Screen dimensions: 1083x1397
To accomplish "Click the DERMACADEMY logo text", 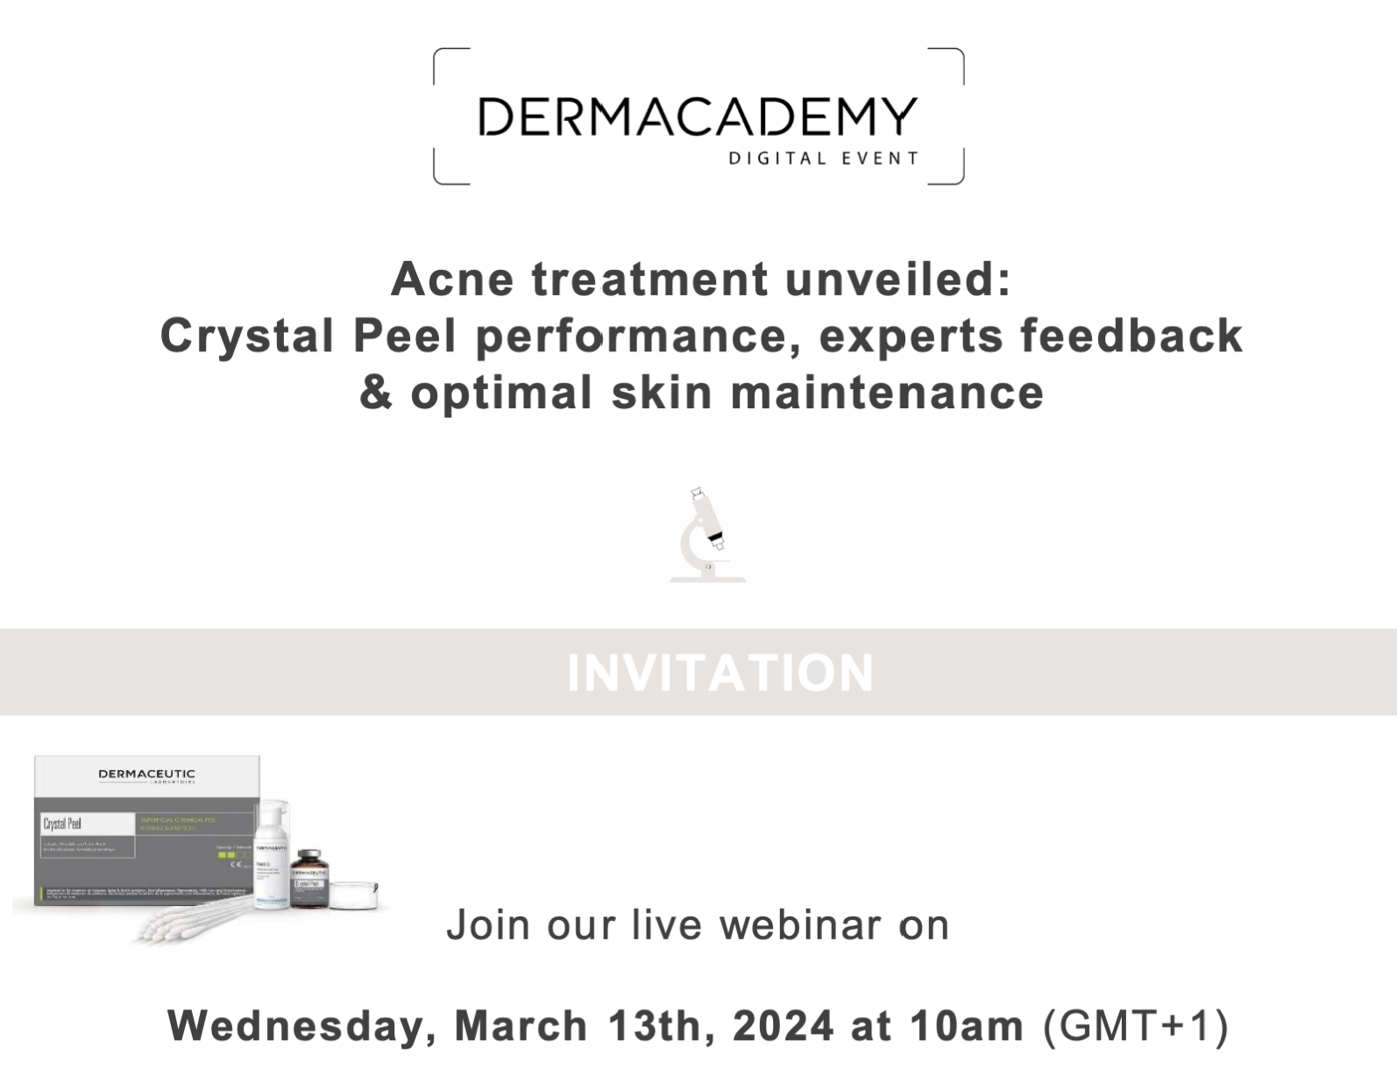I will (x=698, y=117).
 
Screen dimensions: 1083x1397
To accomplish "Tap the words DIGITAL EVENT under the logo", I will (x=823, y=159).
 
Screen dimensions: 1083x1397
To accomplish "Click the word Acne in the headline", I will (x=452, y=280).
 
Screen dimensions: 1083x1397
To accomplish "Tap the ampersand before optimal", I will (x=376, y=392).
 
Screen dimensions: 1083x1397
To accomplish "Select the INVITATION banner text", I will (x=720, y=673).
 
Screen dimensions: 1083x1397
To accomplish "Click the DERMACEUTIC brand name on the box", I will (x=146, y=775).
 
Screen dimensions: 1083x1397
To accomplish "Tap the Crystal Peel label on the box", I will (x=62, y=824).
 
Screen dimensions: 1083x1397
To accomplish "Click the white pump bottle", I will (x=271, y=854).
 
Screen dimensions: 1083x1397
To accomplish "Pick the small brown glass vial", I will (x=309, y=879).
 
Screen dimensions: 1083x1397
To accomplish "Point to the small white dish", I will (x=354, y=893).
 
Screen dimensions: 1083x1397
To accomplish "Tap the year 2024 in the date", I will (x=783, y=1026).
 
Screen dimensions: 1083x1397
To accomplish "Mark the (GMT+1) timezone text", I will (x=1136, y=1026).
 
